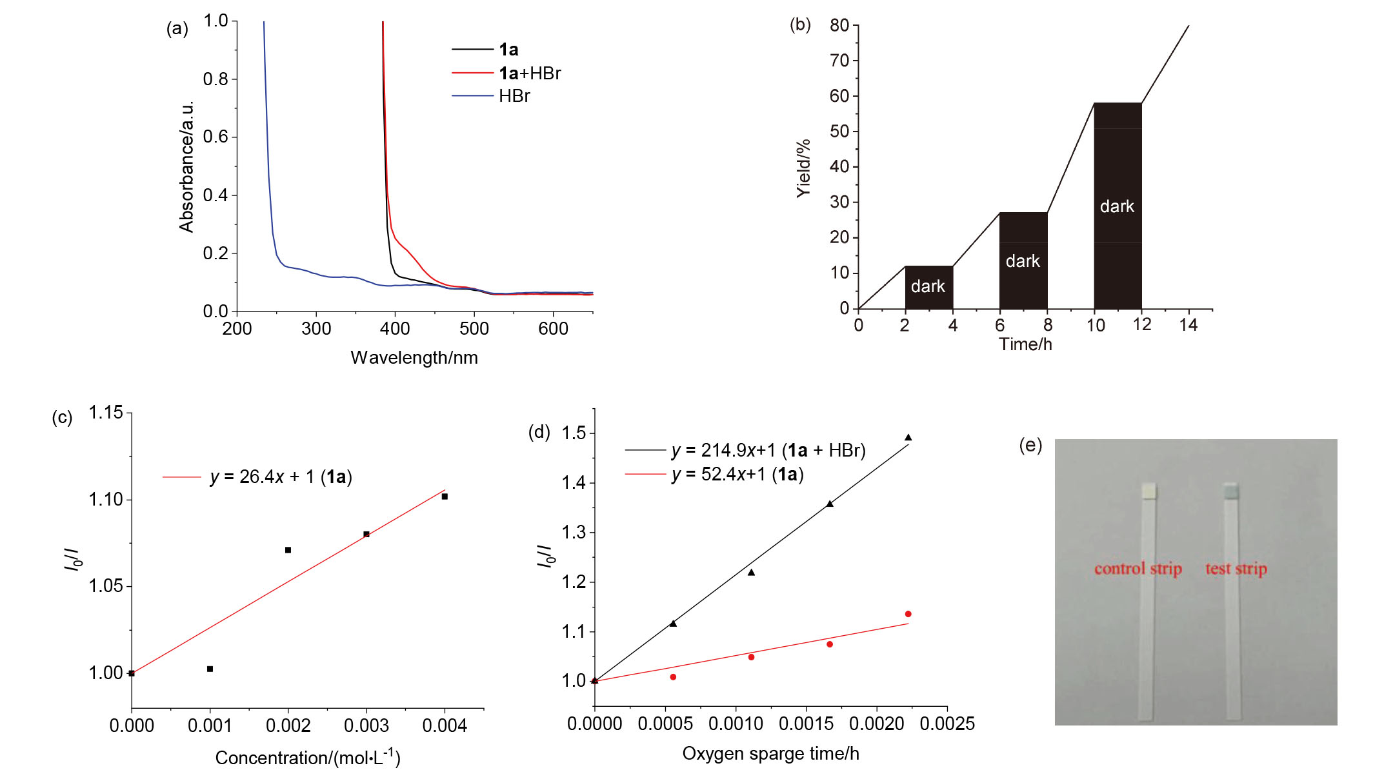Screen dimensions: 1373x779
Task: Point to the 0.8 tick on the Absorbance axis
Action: tap(215, 79)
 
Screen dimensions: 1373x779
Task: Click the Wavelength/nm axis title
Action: tap(414, 358)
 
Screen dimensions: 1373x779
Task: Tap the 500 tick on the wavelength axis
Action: tap(474, 329)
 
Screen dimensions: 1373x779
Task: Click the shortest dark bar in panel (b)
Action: tap(929, 288)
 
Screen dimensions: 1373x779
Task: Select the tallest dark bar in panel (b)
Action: tap(1118, 206)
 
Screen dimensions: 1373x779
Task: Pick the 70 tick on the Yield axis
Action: tap(839, 61)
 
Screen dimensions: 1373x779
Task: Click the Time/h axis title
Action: tap(1026, 344)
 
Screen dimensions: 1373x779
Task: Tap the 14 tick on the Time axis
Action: tap(1188, 325)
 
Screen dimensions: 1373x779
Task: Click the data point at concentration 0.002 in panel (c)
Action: tap(288, 550)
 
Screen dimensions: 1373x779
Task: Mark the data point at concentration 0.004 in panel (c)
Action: tap(445, 497)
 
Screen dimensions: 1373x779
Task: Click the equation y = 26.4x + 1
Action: tap(281, 477)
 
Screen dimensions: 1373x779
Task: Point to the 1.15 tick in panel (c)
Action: tap(106, 413)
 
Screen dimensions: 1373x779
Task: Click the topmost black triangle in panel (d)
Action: tap(908, 437)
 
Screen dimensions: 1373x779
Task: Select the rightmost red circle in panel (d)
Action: tap(908, 614)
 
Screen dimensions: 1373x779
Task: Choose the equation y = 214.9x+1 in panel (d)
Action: tap(768, 450)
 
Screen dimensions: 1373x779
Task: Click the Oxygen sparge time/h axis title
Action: tap(771, 754)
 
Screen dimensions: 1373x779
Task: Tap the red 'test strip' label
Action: tap(1236, 569)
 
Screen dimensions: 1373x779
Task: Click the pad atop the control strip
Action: tap(1149, 491)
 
